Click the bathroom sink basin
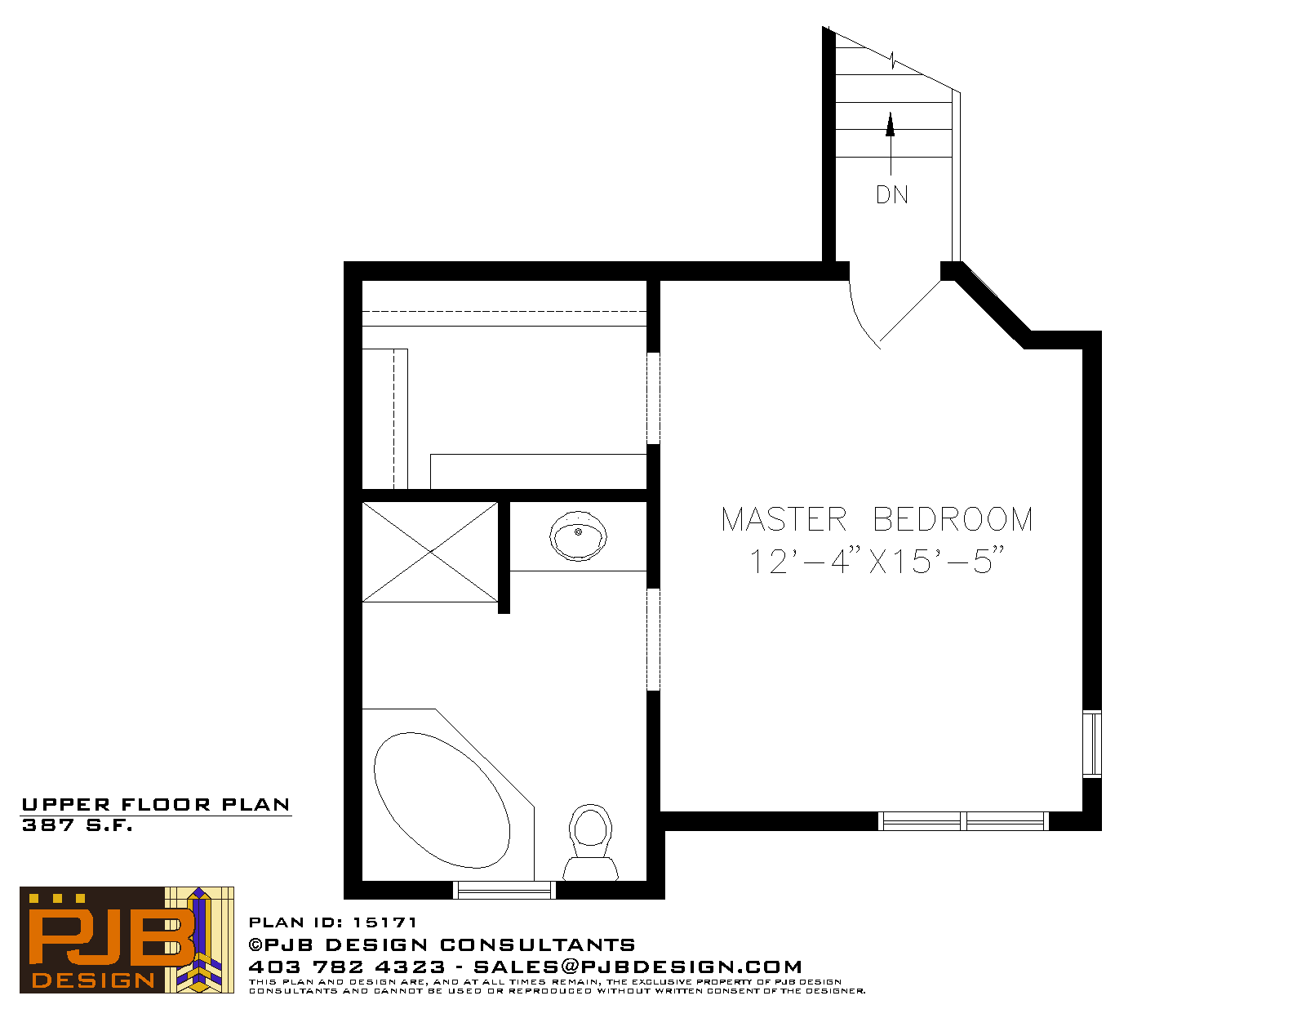pos(578,536)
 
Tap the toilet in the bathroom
pos(590,842)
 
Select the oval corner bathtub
pos(442,800)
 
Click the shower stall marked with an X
pos(429,552)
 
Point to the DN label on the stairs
pos(891,195)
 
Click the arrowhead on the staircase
pos(890,124)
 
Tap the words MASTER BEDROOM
pos(877,519)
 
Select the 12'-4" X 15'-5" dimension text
pos(877,561)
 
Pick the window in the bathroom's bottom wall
pos(504,890)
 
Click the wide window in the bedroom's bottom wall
pos(963,821)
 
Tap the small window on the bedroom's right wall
pos(1092,744)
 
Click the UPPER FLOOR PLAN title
pos(156,805)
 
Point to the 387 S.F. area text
pos(77,825)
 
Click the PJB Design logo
pos(127,940)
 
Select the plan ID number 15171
pos(384,922)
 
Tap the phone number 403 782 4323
pos(347,967)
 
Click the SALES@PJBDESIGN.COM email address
pos(637,967)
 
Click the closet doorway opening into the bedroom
pos(653,398)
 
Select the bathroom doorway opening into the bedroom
pos(653,639)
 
